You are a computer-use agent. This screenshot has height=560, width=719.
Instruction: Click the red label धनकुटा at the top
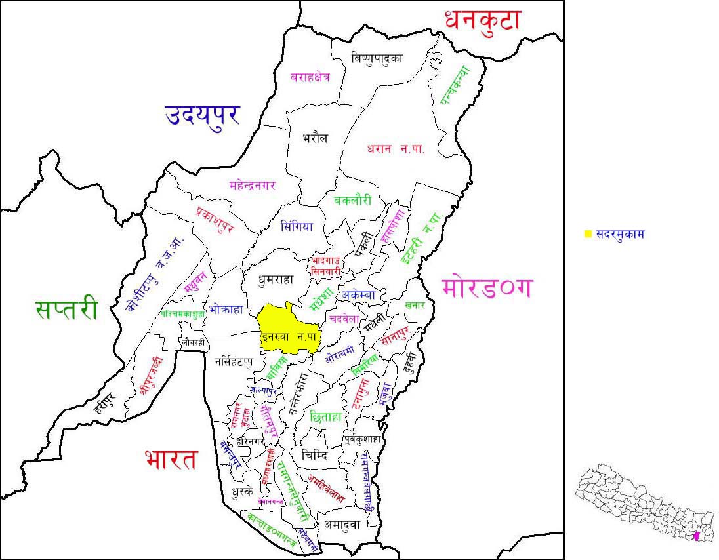(x=482, y=20)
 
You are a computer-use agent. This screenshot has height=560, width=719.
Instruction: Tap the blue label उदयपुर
(x=201, y=115)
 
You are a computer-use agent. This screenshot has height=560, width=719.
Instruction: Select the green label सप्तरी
(x=66, y=309)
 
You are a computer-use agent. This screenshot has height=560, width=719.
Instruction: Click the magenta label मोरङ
(x=487, y=288)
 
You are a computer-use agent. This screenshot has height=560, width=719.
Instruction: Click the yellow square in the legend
(x=588, y=234)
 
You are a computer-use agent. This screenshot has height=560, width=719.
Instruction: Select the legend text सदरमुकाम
(x=619, y=234)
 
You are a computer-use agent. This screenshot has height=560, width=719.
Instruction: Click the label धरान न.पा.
(x=396, y=149)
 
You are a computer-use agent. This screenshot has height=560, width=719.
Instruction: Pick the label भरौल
(x=315, y=138)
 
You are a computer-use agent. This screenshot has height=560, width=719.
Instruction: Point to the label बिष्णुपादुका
(x=377, y=58)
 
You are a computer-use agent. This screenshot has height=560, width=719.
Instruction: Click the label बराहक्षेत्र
(x=310, y=77)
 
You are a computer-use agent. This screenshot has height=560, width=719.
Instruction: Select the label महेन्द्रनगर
(x=253, y=185)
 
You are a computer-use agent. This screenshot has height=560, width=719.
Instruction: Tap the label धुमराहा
(x=276, y=279)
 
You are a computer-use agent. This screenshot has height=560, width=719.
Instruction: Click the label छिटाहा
(x=326, y=416)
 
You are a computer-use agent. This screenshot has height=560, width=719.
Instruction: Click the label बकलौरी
(x=352, y=201)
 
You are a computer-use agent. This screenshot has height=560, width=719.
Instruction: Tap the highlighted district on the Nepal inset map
(x=697, y=537)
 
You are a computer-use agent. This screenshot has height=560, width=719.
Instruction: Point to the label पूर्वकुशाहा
(x=363, y=439)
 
